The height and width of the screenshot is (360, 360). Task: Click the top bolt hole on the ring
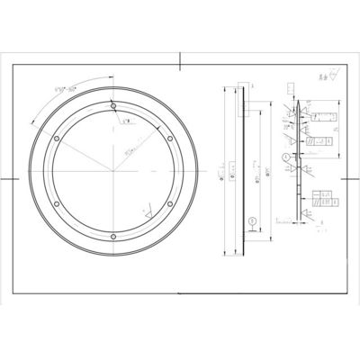(113, 107)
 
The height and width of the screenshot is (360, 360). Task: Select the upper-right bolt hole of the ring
(170, 139)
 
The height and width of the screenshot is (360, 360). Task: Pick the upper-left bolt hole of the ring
(57, 139)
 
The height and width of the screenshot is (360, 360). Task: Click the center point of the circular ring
(113, 172)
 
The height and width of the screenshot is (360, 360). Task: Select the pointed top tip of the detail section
(297, 109)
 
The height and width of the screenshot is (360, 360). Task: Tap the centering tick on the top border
(180, 61)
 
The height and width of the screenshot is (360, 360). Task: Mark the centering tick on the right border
(349, 178)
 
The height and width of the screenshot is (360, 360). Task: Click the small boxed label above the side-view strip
(289, 89)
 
